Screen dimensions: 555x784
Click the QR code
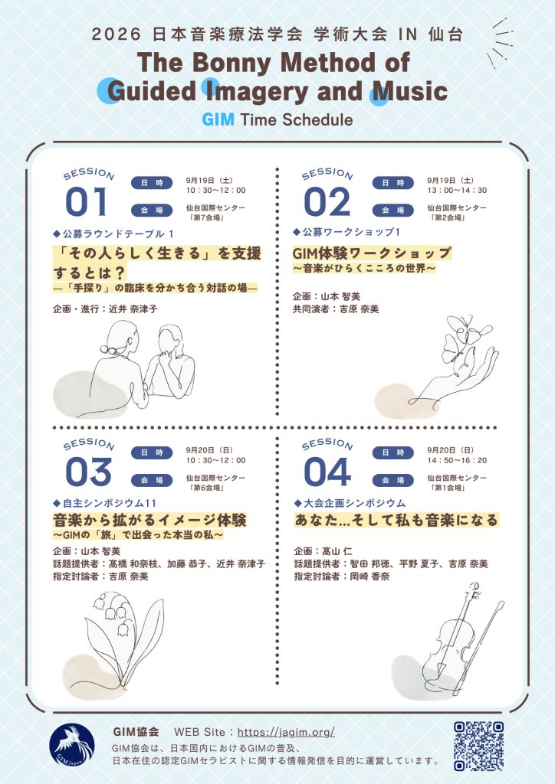[478, 746]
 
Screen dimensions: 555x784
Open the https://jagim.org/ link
[286, 732]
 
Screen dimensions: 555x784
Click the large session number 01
[86, 202]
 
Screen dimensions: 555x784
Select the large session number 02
[327, 202]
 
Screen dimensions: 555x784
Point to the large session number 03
[88, 472]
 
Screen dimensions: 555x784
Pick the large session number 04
[327, 472]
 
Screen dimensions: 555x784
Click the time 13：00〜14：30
[456, 191]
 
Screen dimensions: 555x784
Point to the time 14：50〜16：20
[456, 460]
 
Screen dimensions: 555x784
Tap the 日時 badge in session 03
[152, 452]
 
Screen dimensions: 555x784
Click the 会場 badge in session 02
[392, 211]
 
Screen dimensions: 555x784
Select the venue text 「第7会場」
[206, 217]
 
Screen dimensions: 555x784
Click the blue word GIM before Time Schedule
[218, 120]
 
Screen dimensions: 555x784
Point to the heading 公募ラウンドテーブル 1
[113, 234]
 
